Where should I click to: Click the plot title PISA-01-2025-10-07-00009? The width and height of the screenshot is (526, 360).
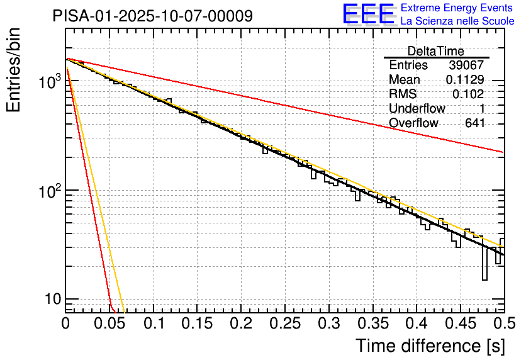coord(153,15)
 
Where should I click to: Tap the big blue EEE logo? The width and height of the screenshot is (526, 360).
coord(368,14)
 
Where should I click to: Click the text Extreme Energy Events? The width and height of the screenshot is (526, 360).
coord(457,8)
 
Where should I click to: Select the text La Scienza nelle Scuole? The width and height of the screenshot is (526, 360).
coord(457,21)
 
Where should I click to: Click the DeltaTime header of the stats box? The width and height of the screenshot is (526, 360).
coord(435,51)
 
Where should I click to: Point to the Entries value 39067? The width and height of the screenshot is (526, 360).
coord(466,65)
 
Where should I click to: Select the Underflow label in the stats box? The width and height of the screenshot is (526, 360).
coord(417,109)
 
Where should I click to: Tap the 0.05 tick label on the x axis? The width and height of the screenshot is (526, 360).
coord(109,323)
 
